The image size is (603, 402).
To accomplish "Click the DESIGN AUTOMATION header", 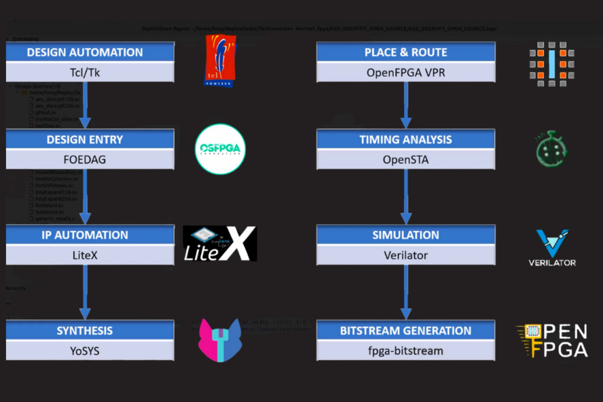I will coord(85,52).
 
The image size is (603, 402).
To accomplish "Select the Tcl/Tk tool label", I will coord(85,72).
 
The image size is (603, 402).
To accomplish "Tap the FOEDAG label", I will coord(85,160).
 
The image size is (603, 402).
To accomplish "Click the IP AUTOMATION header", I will coord(85,235).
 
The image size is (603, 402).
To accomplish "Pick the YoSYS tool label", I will coord(85,350).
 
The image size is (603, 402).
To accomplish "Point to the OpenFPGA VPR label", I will coord(405,72).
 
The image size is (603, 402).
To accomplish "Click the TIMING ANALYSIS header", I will coord(405,140).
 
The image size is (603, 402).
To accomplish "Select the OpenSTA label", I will coord(405,160).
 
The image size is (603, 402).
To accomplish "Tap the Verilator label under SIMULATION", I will coord(405,255).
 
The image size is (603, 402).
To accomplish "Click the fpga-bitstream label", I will coord(405,350).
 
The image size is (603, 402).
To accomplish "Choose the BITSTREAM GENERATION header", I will coord(405,331).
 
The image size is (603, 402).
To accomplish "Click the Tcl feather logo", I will coord(221,61).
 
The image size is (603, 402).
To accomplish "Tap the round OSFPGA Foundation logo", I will coord(220,149).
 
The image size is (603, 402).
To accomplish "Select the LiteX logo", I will coord(220,244).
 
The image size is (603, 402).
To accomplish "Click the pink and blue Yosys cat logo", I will coord(220,340).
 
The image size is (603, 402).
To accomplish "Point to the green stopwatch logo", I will coord(551,150).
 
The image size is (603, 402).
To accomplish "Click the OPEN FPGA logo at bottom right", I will coord(552,340).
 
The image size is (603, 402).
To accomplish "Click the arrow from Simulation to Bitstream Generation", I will coord(406,292).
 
